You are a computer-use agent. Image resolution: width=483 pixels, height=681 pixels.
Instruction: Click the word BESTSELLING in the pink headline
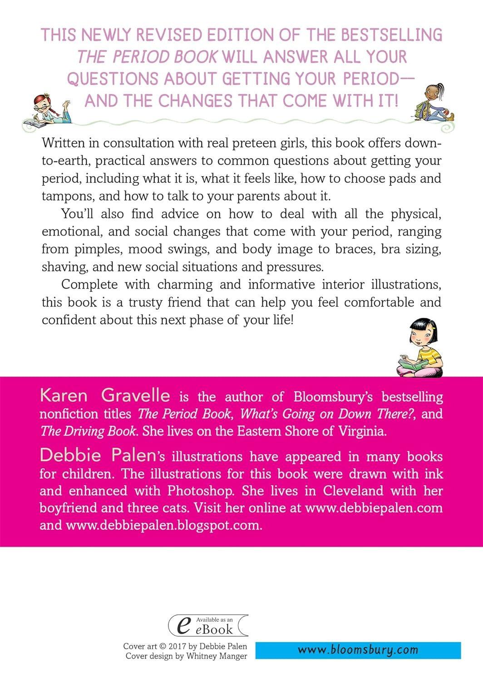pyautogui.click(x=392, y=35)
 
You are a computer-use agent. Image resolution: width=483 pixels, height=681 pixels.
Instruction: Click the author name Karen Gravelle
pyautogui.click(x=105, y=395)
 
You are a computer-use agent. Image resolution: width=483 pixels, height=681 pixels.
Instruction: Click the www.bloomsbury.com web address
pyautogui.click(x=358, y=650)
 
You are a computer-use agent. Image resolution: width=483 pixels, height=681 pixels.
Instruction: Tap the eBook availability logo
pyautogui.click(x=208, y=625)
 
